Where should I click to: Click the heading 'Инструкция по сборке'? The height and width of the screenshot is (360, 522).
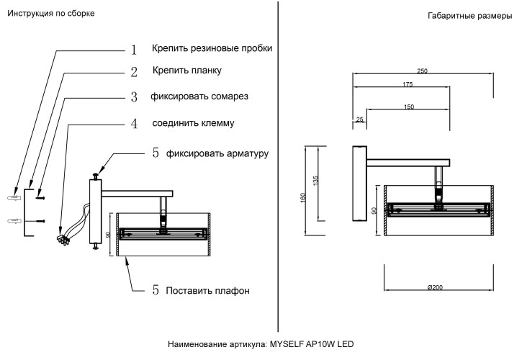[50, 14]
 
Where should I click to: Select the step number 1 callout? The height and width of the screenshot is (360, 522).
[133, 50]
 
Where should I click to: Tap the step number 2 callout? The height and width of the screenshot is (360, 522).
[133, 72]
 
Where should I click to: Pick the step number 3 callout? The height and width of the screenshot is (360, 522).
[133, 96]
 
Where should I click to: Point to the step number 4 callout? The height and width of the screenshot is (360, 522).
[133, 123]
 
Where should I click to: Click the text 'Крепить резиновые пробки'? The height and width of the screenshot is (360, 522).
[212, 48]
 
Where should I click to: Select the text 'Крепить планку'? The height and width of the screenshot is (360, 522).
[186, 71]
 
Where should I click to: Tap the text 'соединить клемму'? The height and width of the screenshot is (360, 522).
[193, 122]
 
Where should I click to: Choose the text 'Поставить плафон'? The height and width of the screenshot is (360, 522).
[207, 291]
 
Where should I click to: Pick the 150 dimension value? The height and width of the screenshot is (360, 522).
[409, 107]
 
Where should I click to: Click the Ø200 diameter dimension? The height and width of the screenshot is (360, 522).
[435, 287]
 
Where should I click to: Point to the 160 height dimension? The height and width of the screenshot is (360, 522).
[303, 197]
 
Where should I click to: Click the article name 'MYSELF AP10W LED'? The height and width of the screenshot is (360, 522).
[312, 344]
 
